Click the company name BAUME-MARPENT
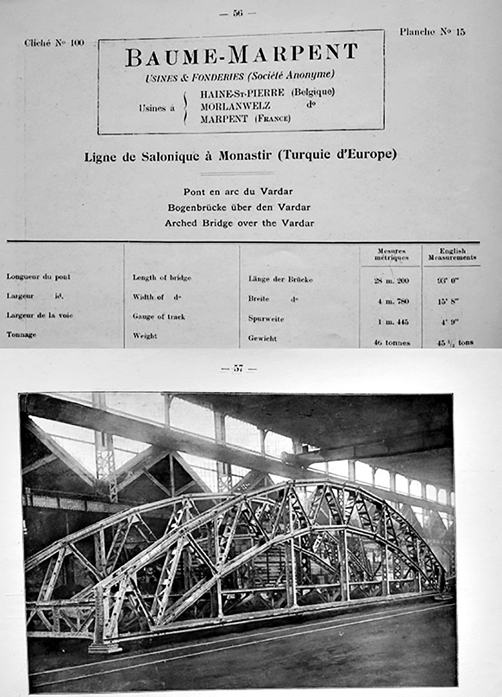[241, 56]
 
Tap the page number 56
[238, 13]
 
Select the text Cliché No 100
[54, 43]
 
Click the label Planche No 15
[432, 31]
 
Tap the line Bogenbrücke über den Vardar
[239, 207]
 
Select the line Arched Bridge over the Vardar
[239, 223]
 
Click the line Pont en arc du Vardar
[238, 191]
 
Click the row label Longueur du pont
[38, 276]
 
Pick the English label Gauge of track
[159, 316]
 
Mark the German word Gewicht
[262, 339]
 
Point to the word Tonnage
[21, 334]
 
